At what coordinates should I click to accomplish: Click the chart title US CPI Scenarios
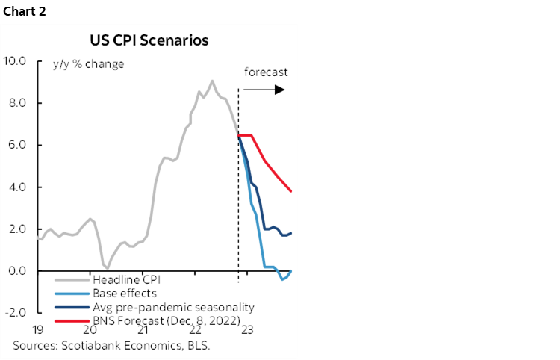point(149,40)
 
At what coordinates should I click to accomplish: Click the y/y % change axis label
point(88,64)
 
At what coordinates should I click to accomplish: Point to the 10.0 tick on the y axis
point(15,60)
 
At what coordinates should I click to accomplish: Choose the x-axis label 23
point(247,329)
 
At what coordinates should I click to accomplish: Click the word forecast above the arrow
point(266,73)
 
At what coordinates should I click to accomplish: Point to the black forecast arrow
point(265,90)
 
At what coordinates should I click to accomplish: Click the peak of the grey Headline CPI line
point(212,81)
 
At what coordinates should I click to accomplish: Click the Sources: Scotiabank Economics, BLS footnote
point(112,345)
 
